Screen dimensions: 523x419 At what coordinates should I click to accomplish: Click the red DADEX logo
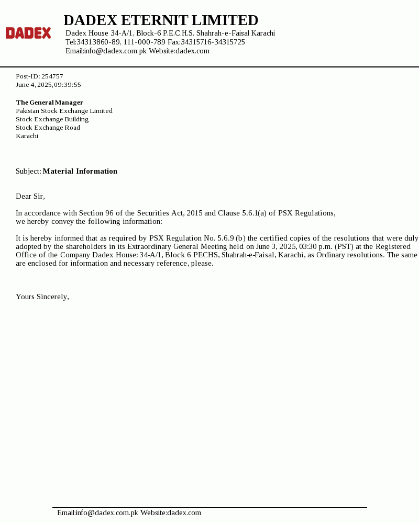click(28, 33)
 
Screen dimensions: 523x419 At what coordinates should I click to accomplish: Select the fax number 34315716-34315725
click(213, 42)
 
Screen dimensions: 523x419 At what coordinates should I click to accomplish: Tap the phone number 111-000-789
click(144, 42)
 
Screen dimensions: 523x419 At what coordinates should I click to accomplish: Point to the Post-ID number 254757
click(52, 76)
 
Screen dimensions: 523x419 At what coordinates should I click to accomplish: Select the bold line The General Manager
click(49, 103)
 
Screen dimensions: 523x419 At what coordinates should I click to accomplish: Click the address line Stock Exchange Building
click(52, 119)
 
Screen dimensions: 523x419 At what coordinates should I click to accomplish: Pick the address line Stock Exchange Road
click(48, 128)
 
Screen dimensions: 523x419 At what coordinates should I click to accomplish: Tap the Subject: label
click(28, 171)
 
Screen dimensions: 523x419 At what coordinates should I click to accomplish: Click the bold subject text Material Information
click(80, 171)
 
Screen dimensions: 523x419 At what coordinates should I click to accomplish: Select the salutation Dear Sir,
click(30, 196)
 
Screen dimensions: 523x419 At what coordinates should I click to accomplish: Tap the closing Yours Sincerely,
click(42, 297)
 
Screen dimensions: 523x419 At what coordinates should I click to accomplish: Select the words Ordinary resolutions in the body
click(349, 255)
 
